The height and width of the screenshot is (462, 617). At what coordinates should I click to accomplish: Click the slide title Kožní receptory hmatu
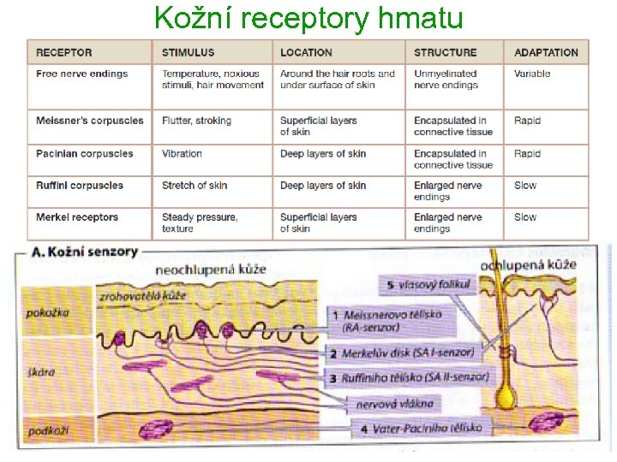tap(308, 18)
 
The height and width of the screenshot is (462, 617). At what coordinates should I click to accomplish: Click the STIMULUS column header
tap(189, 52)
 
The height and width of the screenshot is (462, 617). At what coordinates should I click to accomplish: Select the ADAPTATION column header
tap(546, 52)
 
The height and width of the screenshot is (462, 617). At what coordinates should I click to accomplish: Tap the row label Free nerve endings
tap(82, 74)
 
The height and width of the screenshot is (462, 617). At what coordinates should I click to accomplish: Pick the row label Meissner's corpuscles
tap(90, 121)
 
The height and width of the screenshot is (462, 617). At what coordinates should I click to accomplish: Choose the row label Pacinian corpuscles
tap(85, 154)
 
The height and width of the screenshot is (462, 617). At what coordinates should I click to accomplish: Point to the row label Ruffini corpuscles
tap(80, 186)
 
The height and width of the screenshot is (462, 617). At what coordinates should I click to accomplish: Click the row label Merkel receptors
tap(77, 217)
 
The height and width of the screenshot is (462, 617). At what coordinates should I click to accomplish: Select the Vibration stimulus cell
tap(182, 154)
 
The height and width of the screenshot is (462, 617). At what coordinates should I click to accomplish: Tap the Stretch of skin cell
tap(195, 186)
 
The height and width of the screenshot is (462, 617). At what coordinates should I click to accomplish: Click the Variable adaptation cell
tap(532, 74)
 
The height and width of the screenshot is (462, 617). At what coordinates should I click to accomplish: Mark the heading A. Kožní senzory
tap(84, 252)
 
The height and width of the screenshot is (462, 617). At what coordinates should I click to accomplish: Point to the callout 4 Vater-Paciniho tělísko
tap(420, 428)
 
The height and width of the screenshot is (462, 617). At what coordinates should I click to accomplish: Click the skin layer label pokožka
tap(47, 313)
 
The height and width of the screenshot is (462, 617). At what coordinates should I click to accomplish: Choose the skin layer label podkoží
tap(47, 430)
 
